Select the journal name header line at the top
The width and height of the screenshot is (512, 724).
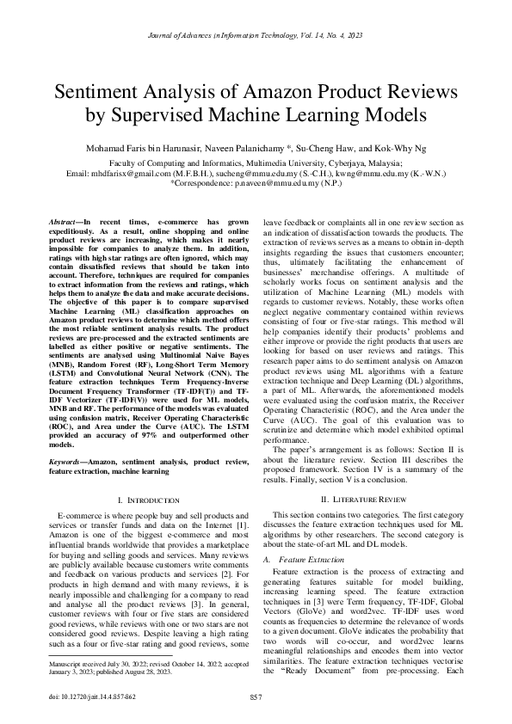pyautogui.click(x=256, y=35)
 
